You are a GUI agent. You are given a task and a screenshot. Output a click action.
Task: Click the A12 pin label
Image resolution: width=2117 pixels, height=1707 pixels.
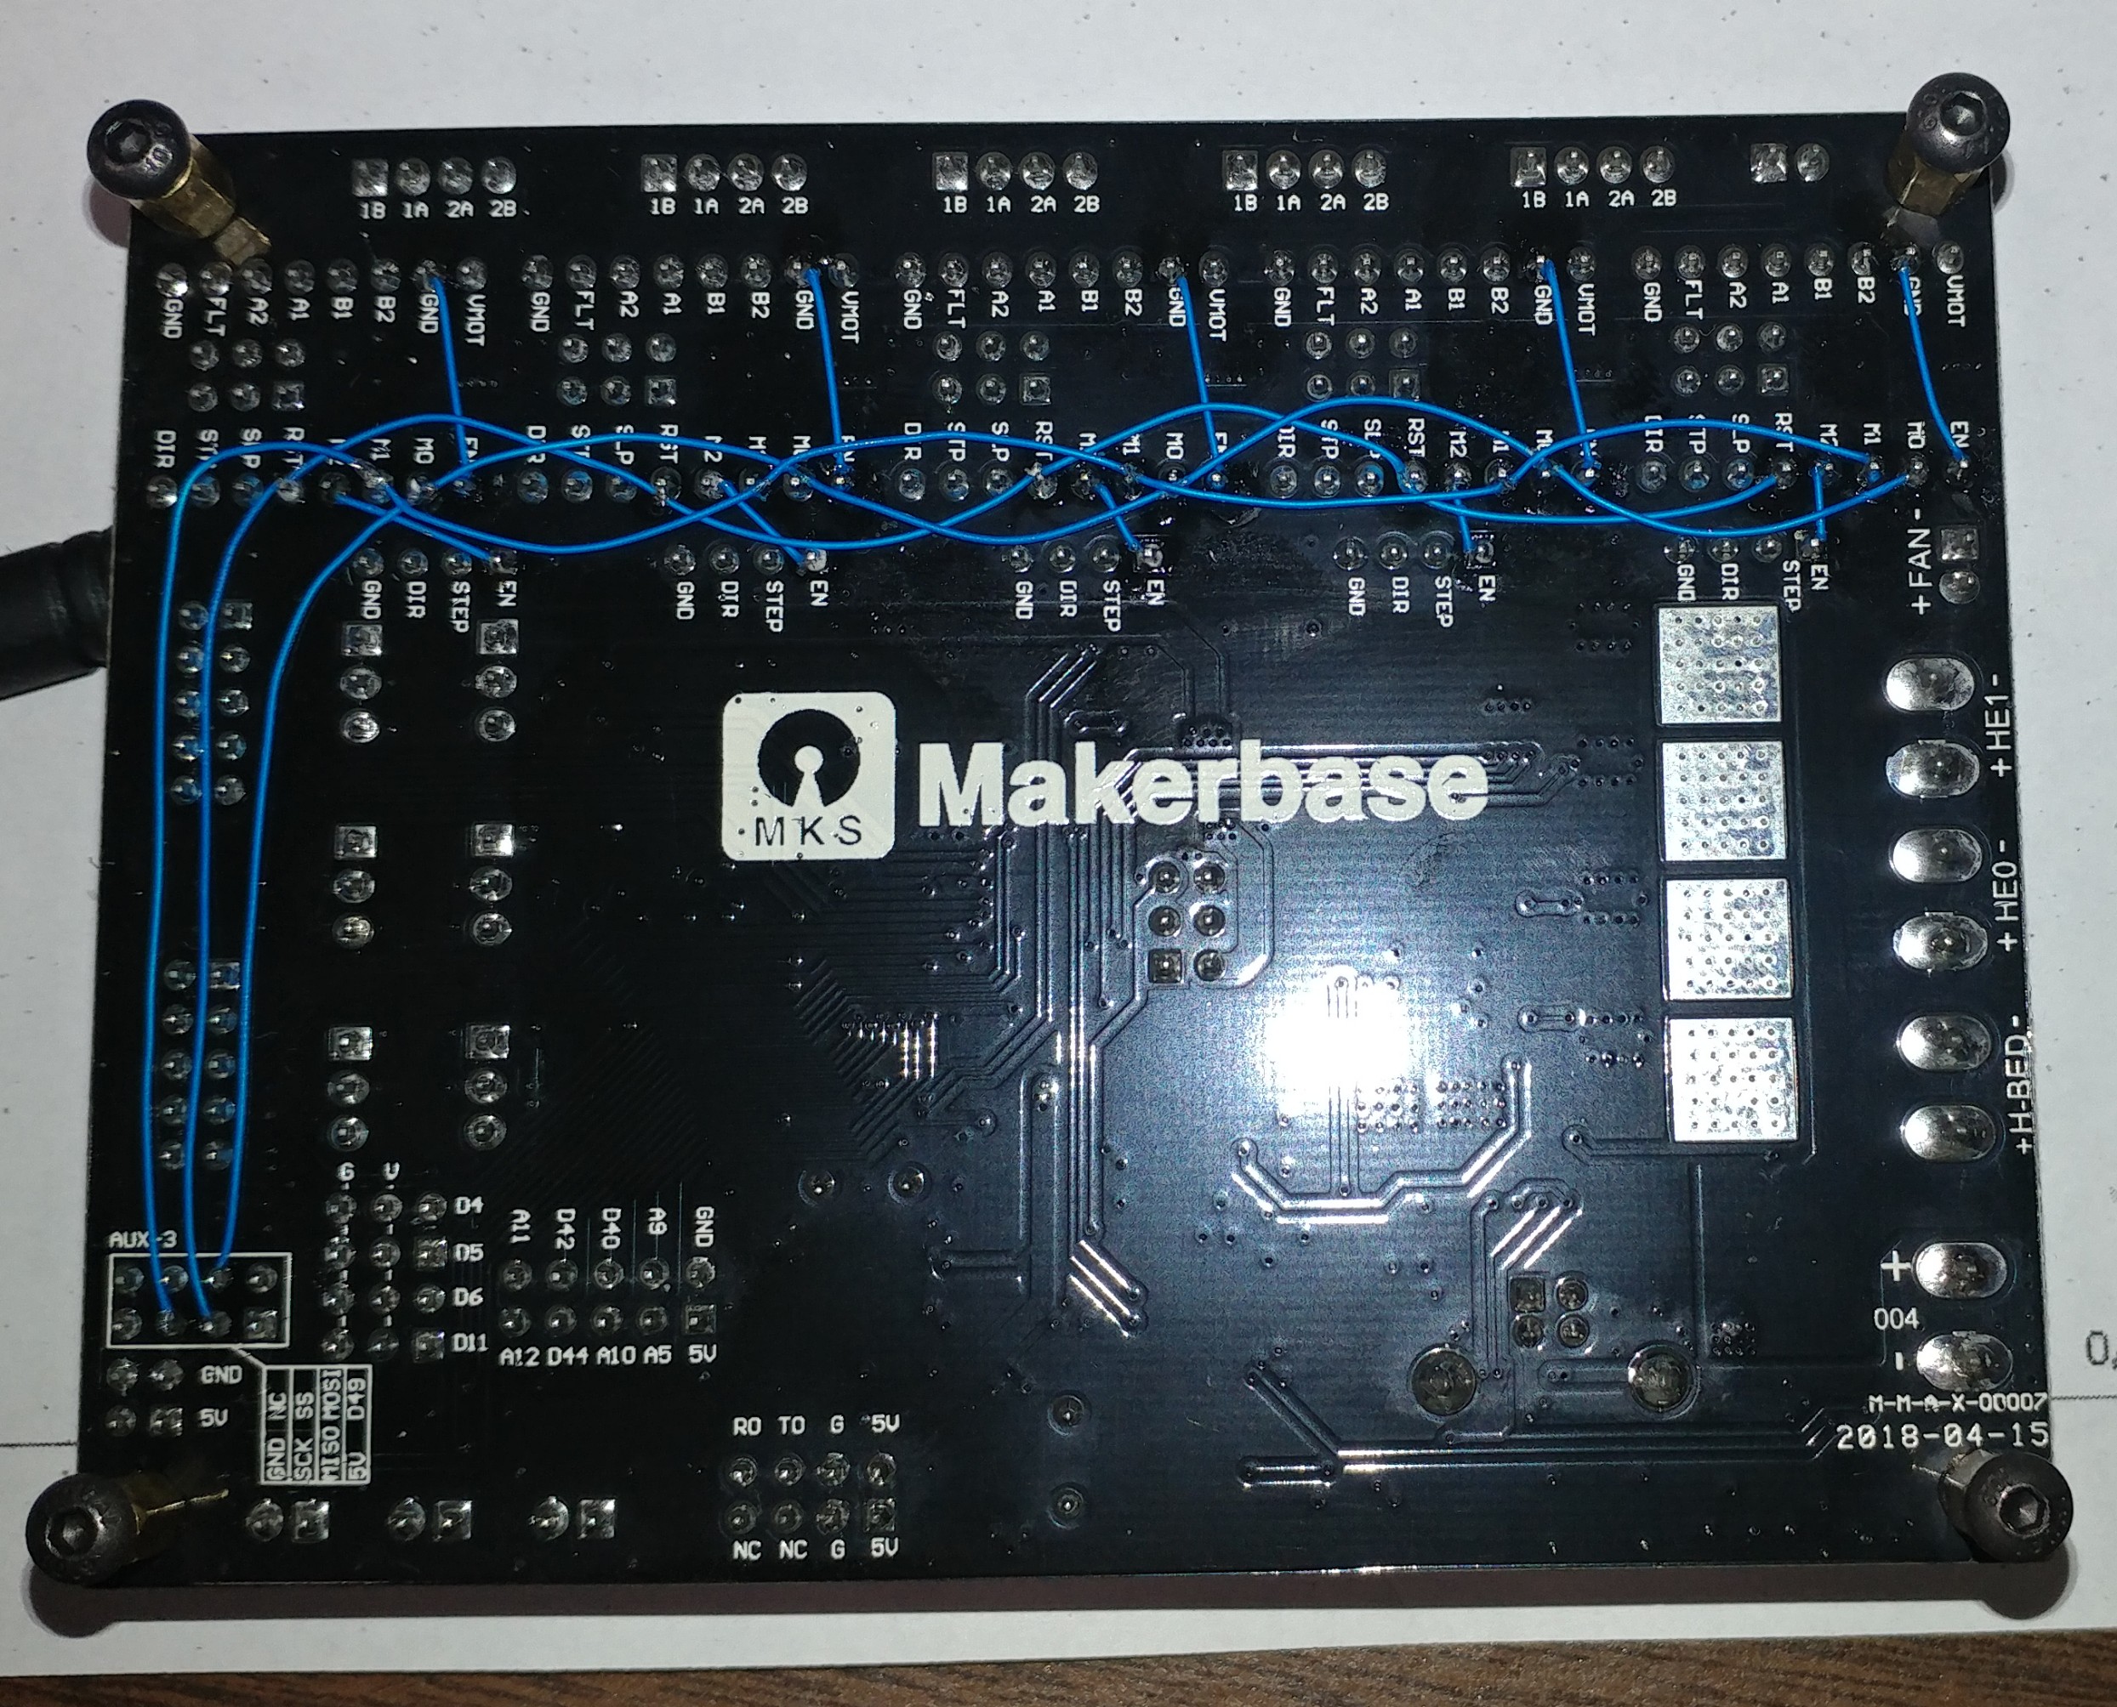pos(520,1356)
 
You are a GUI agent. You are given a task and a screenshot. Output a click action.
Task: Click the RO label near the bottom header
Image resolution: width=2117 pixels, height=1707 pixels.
pos(747,1426)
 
